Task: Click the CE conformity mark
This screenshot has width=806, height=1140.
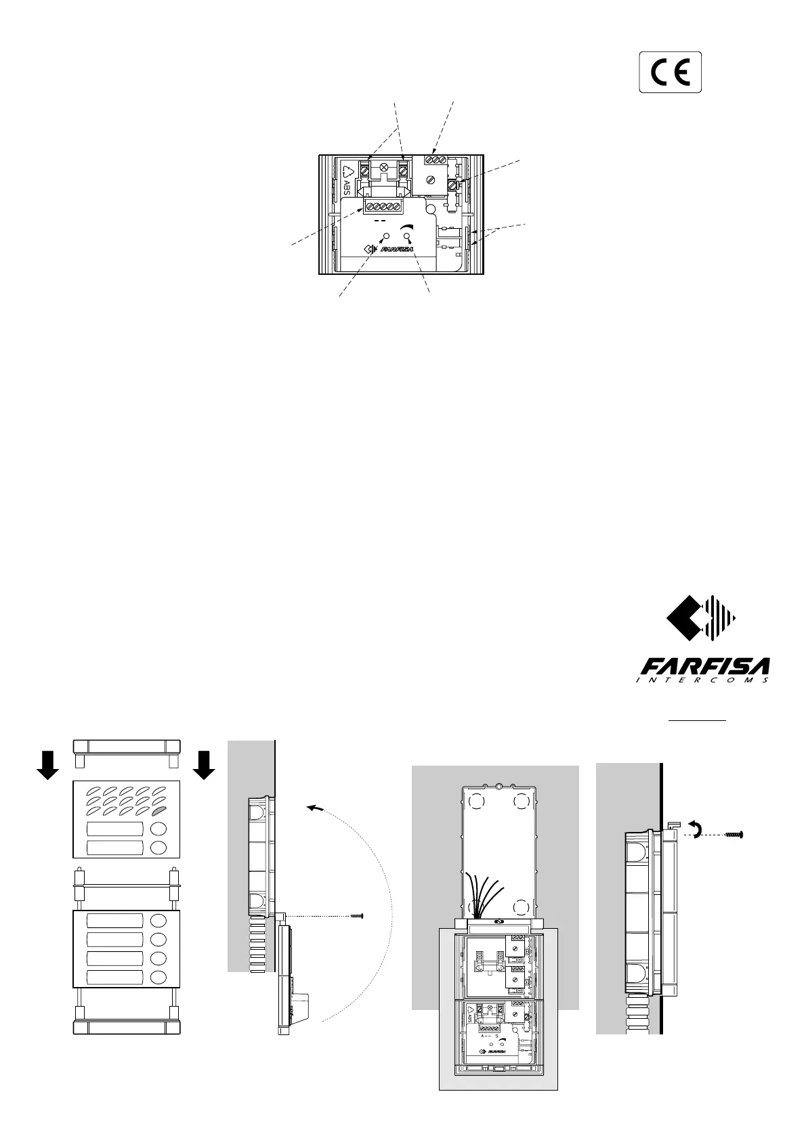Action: point(671,72)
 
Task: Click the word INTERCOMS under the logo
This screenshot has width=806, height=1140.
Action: point(702,680)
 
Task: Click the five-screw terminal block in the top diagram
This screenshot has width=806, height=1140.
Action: point(383,207)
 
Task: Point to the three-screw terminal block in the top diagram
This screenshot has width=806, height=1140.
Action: point(435,160)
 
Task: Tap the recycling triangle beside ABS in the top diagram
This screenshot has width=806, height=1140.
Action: point(348,171)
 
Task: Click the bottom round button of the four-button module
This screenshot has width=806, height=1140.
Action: point(158,977)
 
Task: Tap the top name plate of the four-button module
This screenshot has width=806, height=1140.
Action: point(114,921)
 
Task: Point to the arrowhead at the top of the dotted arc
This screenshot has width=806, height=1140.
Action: point(310,807)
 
